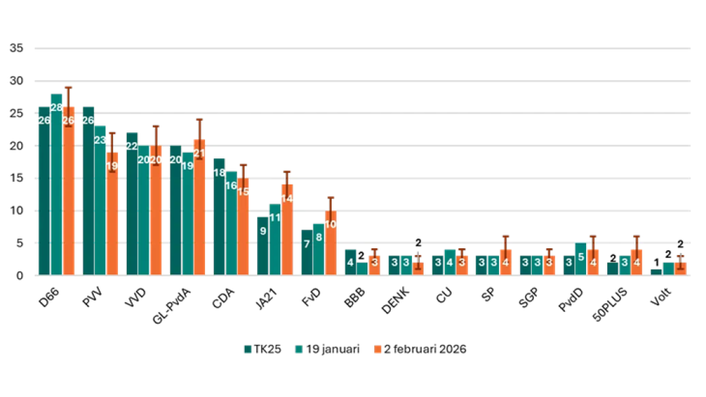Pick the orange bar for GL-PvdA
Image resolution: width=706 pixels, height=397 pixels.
[199, 213]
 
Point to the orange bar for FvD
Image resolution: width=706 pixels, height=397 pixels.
[330, 247]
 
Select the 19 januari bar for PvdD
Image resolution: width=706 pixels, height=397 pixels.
[581, 261]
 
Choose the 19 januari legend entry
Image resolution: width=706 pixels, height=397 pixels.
[333, 349]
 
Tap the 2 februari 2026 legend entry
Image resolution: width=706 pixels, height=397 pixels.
[421, 349]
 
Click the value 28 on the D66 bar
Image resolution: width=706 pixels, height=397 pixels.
[56, 108]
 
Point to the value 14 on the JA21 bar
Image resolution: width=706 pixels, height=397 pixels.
[287, 198]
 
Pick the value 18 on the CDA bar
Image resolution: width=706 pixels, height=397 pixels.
[219, 172]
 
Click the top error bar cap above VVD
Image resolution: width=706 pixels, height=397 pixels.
[156, 126]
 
